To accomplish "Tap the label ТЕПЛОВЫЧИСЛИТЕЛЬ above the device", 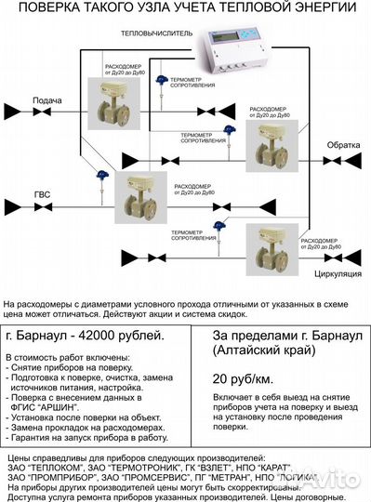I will [x=157, y=32].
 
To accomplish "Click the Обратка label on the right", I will [x=341, y=146].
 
